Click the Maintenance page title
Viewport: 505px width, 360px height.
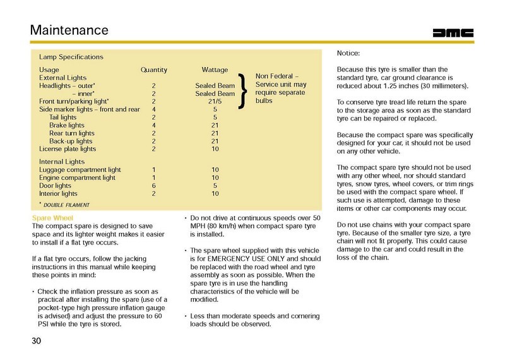(69, 29)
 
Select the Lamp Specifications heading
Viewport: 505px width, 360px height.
(71, 57)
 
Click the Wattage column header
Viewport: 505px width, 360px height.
(215, 69)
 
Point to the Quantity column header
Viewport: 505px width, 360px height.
(153, 69)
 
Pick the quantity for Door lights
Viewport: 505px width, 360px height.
(154, 186)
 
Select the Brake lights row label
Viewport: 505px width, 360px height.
(67, 125)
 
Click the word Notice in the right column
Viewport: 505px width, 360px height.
(350, 54)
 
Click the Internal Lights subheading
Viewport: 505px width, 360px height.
(62, 162)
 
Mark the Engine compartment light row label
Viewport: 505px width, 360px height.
(77, 178)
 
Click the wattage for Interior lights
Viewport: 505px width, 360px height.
(215, 195)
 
